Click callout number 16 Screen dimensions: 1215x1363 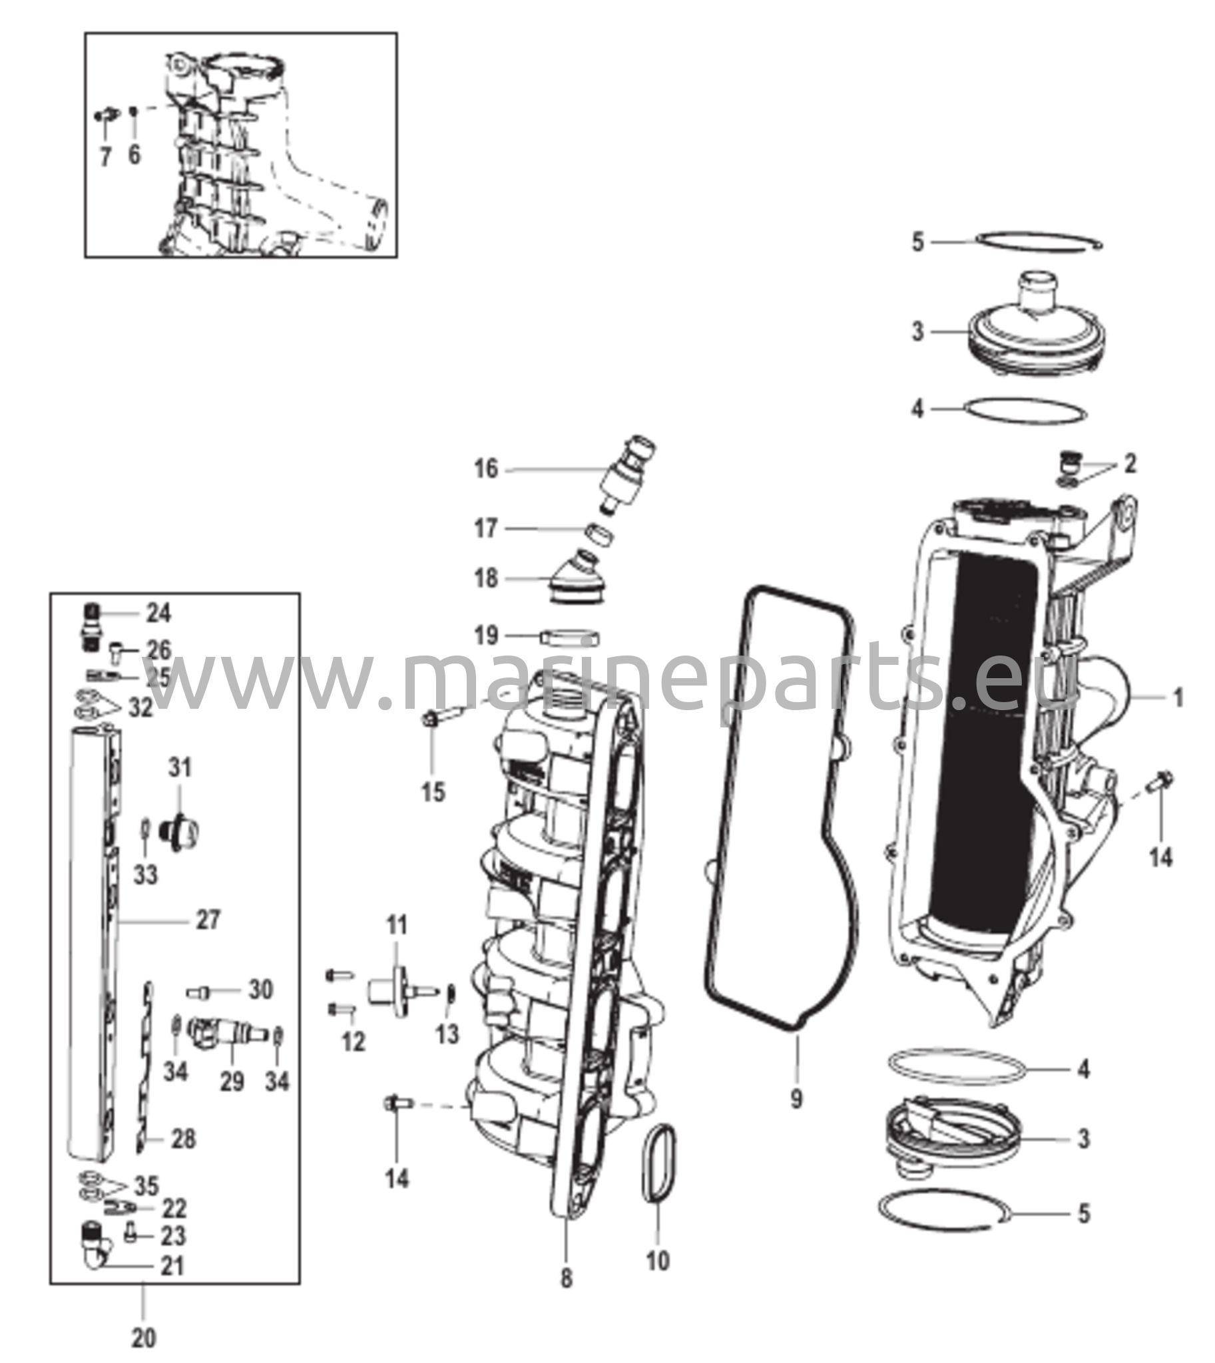486,469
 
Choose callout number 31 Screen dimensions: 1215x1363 180,767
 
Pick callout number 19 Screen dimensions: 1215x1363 486,635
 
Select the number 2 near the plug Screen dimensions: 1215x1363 1130,463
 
